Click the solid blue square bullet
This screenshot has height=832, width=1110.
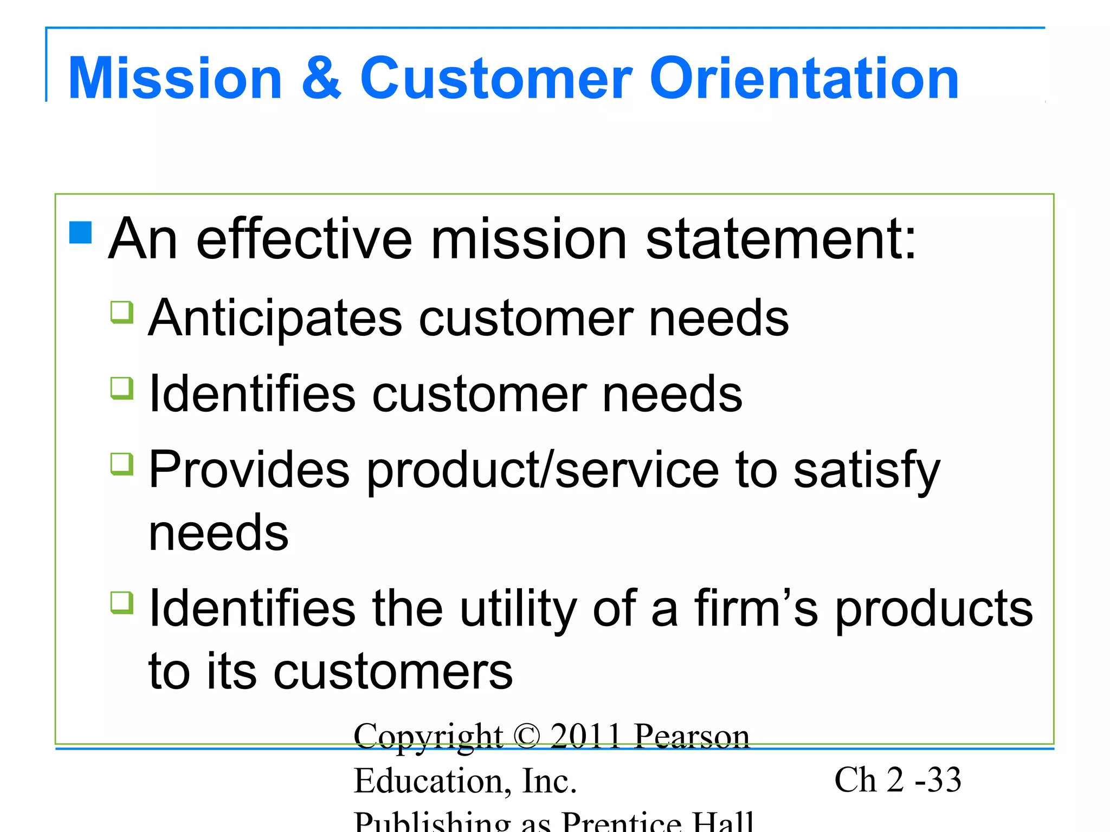[81, 232]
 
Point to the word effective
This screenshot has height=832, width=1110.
[304, 239]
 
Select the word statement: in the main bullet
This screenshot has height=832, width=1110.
[780, 239]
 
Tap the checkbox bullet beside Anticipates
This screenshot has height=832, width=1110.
[122, 312]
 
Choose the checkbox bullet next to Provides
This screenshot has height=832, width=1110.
[122, 464]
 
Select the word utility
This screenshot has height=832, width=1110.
[518, 609]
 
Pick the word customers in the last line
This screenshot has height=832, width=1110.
[393, 672]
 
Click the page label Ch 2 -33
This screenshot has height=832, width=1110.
[898, 780]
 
